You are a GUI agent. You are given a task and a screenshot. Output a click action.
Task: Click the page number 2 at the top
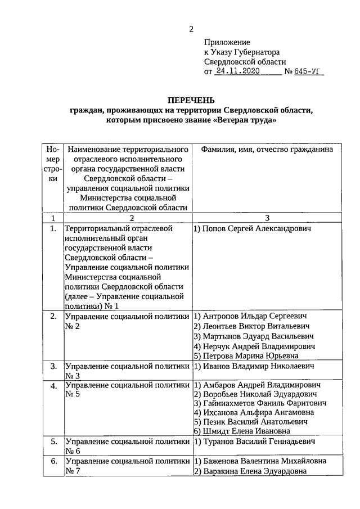point(191,29)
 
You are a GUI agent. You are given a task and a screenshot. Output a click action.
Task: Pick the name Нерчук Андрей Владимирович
point(254,346)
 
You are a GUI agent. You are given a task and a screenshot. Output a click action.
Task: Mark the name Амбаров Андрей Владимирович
point(256,386)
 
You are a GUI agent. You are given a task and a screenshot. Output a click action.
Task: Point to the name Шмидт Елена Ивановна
point(242,431)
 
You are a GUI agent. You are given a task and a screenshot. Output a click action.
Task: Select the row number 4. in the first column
point(53,386)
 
